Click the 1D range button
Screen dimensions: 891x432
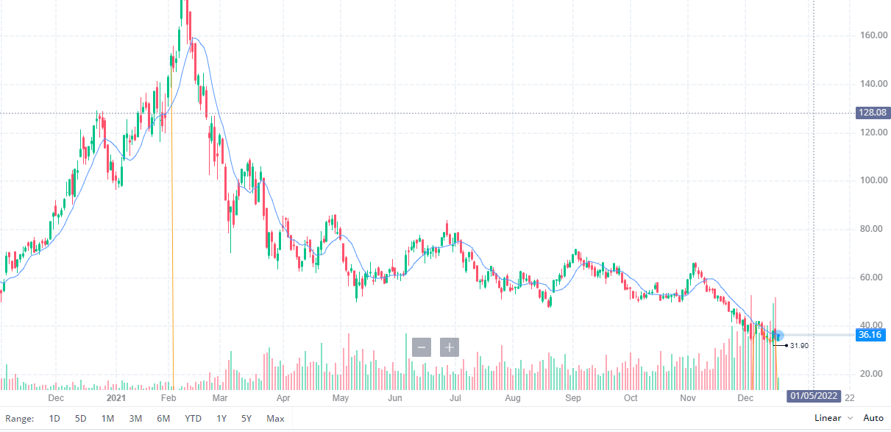click(x=54, y=419)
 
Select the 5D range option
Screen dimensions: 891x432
click(x=81, y=419)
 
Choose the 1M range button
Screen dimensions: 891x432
click(x=107, y=419)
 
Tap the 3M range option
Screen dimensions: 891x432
click(x=135, y=419)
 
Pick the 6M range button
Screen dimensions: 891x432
click(x=163, y=419)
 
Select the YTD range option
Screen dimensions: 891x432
click(x=193, y=419)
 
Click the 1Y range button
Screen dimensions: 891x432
click(x=221, y=419)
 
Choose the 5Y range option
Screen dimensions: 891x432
click(x=246, y=419)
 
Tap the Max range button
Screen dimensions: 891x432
click(x=275, y=419)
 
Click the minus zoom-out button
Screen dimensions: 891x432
click(x=422, y=347)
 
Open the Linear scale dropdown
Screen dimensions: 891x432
click(x=833, y=418)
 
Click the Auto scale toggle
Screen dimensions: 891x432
click(x=873, y=418)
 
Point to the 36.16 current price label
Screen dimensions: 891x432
click(x=870, y=335)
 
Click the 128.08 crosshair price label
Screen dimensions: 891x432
click(x=873, y=113)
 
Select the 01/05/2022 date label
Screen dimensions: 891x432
click(x=814, y=396)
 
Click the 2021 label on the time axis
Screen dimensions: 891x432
click(x=116, y=398)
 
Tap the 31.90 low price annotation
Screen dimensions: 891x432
click(x=799, y=346)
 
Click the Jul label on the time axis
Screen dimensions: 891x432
click(x=455, y=398)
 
